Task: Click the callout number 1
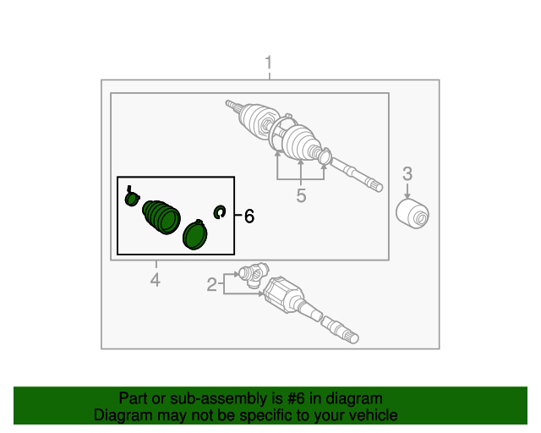tap(269, 63)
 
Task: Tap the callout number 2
tap(212, 285)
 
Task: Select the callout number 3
tap(407, 173)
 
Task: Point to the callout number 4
tap(156, 280)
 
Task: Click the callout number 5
tap(301, 196)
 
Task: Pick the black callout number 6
tap(249, 216)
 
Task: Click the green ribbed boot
tap(161, 217)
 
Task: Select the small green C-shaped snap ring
tap(220, 211)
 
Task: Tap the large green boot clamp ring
tap(195, 234)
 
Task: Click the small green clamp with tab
tap(132, 198)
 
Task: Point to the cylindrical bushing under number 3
tap(413, 214)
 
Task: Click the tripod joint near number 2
tap(254, 275)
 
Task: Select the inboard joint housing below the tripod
tap(284, 294)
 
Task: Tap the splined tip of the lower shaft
tap(352, 337)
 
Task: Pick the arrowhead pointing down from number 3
tap(407, 196)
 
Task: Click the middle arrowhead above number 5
tap(301, 162)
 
